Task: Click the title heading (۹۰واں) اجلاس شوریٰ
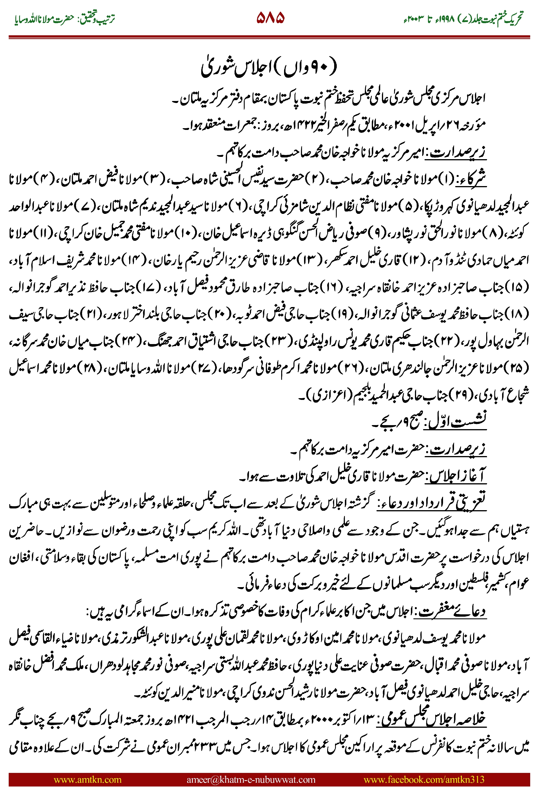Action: [x=269, y=67]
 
